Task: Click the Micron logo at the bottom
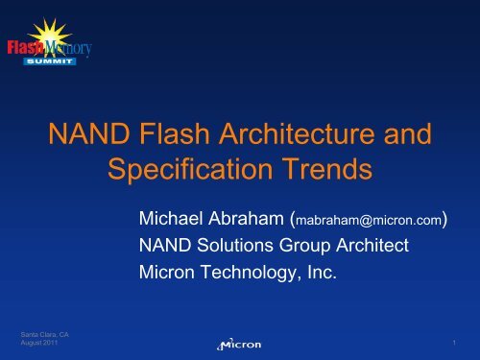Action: click(x=239, y=343)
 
